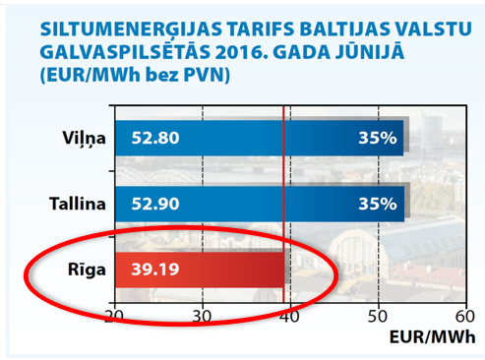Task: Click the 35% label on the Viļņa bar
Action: pyautogui.click(x=377, y=138)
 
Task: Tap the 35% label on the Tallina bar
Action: pyautogui.click(x=377, y=205)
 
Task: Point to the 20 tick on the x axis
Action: pyautogui.click(x=114, y=316)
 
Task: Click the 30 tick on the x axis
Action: pyautogui.click(x=202, y=316)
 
